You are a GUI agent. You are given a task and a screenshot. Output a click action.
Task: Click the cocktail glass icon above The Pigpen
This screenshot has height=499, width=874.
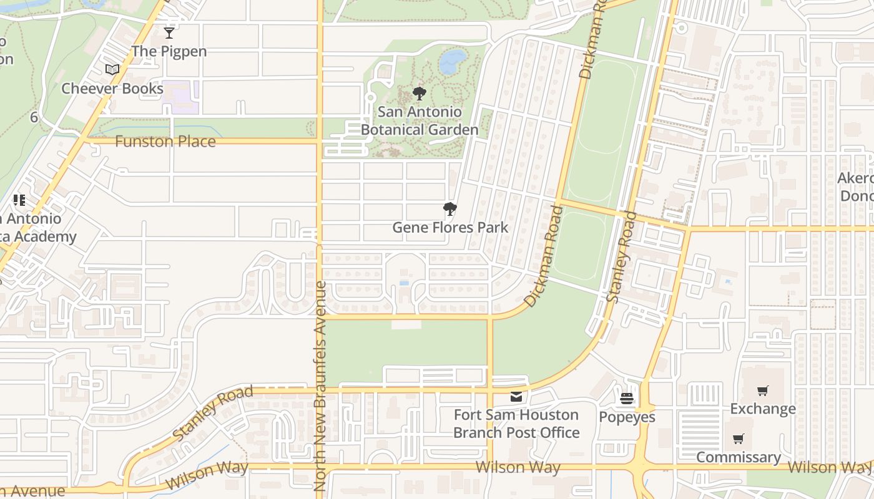coord(169,33)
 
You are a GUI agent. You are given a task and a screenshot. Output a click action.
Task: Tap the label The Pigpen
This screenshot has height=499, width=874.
coord(169,51)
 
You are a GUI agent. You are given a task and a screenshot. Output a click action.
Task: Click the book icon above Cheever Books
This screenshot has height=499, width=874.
coord(112,70)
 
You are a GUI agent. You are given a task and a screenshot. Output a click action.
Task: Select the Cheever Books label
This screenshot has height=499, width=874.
coord(112,89)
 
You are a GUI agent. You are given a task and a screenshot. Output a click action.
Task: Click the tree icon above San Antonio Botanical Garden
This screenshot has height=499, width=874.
coord(420,94)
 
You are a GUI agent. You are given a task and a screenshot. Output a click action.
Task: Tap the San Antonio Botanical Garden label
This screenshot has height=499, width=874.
coord(420,121)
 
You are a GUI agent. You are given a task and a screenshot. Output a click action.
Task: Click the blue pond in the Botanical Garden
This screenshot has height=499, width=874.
coord(453,61)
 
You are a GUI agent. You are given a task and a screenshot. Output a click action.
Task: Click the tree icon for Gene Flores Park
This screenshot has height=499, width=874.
coord(449,209)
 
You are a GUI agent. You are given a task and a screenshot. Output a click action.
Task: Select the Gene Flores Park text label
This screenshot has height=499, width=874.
coord(450,228)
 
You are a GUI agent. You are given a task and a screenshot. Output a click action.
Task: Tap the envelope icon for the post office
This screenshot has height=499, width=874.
coord(516,397)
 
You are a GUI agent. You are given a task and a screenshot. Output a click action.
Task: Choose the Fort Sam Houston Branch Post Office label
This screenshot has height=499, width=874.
coord(516,424)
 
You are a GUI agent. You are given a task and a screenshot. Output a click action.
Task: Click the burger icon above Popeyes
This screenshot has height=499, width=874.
coord(627,399)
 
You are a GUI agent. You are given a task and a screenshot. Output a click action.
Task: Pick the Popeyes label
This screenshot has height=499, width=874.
coord(627,417)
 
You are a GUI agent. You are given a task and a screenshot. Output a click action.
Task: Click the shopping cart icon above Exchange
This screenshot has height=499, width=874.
coord(762,391)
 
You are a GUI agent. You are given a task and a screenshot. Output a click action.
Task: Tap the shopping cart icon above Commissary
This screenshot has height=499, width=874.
coord(739,439)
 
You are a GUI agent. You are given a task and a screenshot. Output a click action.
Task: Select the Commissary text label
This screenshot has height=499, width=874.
coord(739,457)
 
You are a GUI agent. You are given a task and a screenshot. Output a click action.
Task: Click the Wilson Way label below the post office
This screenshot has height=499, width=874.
coord(518,467)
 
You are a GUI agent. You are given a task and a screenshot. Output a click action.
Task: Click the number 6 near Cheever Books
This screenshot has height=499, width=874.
coord(34,117)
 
